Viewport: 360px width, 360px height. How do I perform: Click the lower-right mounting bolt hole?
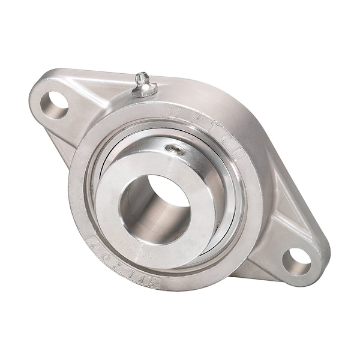pyautogui.click(x=296, y=261)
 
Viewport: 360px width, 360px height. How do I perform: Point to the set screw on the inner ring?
pyautogui.click(x=178, y=150)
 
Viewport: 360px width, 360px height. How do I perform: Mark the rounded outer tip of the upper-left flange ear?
pyautogui.click(x=33, y=96)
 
